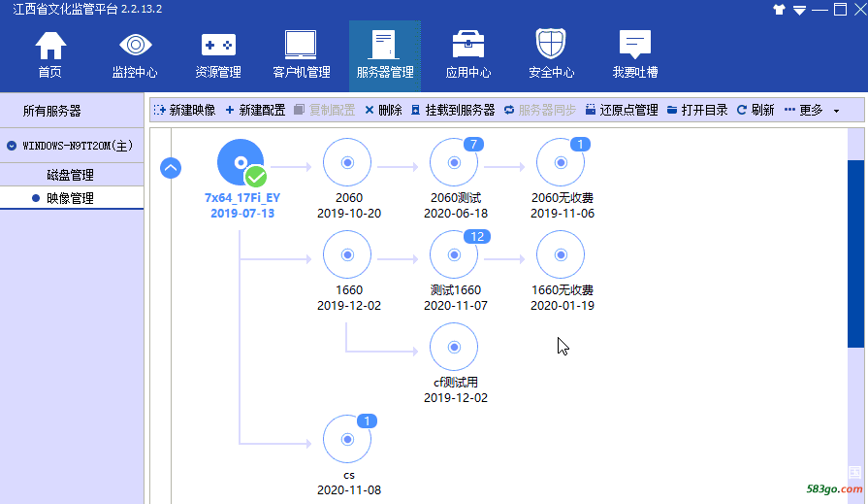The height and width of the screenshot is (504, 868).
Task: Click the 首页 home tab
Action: [x=50, y=55]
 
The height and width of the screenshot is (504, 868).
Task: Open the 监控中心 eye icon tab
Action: [x=135, y=55]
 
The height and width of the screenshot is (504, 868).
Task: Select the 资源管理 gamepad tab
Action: [x=218, y=55]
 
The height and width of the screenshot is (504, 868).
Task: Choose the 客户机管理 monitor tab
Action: [x=302, y=55]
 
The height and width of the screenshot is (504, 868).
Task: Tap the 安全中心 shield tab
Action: [x=551, y=55]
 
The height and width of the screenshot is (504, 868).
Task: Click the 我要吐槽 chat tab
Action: [x=635, y=55]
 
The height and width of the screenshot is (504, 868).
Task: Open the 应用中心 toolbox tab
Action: [x=468, y=55]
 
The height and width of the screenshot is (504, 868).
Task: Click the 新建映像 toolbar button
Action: [x=184, y=110]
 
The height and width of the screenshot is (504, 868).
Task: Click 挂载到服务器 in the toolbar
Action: [x=453, y=110]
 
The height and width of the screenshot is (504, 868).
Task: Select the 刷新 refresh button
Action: [x=755, y=110]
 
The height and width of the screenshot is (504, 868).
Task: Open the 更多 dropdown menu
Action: [x=812, y=110]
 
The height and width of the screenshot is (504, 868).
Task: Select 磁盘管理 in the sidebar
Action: [x=71, y=175]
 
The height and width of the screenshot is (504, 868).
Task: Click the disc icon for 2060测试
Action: [x=454, y=163]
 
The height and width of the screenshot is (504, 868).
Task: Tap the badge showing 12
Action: [x=475, y=237]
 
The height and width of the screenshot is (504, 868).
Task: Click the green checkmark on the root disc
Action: [x=256, y=177]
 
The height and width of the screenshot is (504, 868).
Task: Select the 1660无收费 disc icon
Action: [x=561, y=256]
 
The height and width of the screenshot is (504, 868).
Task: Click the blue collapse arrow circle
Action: [x=171, y=168]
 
